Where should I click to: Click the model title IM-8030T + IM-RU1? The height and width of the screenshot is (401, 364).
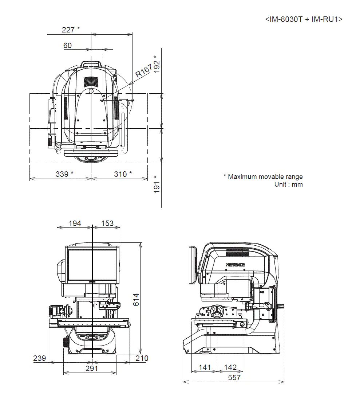coord(304,19)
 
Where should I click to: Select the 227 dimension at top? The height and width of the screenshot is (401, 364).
coord(70,30)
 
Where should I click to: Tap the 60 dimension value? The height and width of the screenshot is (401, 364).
coord(68,46)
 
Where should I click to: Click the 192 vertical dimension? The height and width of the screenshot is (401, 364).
coord(157,65)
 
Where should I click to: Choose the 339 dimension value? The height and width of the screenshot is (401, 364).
coord(64,174)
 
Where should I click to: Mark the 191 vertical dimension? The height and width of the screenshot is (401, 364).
coord(157,184)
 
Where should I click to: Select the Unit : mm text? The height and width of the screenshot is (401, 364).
coord(288,184)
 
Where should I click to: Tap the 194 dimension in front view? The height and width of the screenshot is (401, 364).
coord(75,223)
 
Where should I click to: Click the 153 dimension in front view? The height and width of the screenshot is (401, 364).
coord(107,223)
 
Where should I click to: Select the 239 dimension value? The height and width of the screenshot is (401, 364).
coord(39,358)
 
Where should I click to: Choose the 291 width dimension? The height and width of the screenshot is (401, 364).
coord(92,369)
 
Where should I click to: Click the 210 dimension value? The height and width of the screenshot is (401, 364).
coord(142,358)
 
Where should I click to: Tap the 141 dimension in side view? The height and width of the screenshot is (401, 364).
coord(205,367)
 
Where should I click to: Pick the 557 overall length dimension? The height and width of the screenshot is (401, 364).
coord(234,378)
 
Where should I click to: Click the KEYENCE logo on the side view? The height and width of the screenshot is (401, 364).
coord(235,265)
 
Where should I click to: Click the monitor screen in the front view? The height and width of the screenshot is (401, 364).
coord(92,264)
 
